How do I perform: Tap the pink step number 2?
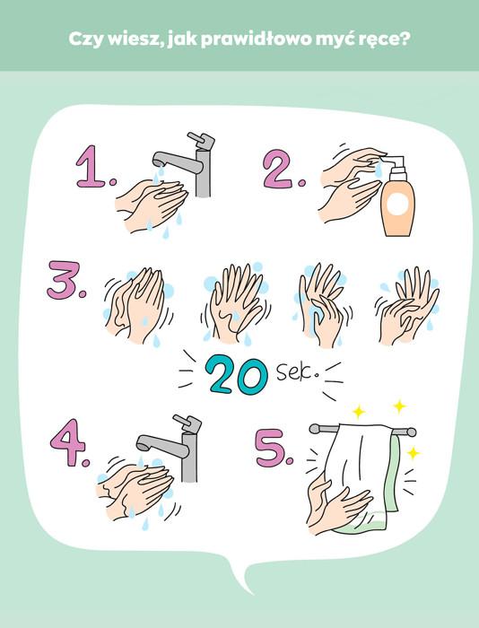[x=283, y=169]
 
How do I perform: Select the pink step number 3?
[x=65, y=280]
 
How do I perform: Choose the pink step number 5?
[x=274, y=448]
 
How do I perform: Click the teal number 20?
[x=236, y=376]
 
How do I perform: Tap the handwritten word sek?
[x=297, y=372]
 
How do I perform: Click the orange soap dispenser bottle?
[x=397, y=197]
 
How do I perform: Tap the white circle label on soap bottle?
[x=397, y=204]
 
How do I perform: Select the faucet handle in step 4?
[x=187, y=423]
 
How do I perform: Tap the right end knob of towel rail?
[x=412, y=432]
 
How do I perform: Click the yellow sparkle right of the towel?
[x=413, y=453]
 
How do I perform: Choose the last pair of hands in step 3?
[x=407, y=305]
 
